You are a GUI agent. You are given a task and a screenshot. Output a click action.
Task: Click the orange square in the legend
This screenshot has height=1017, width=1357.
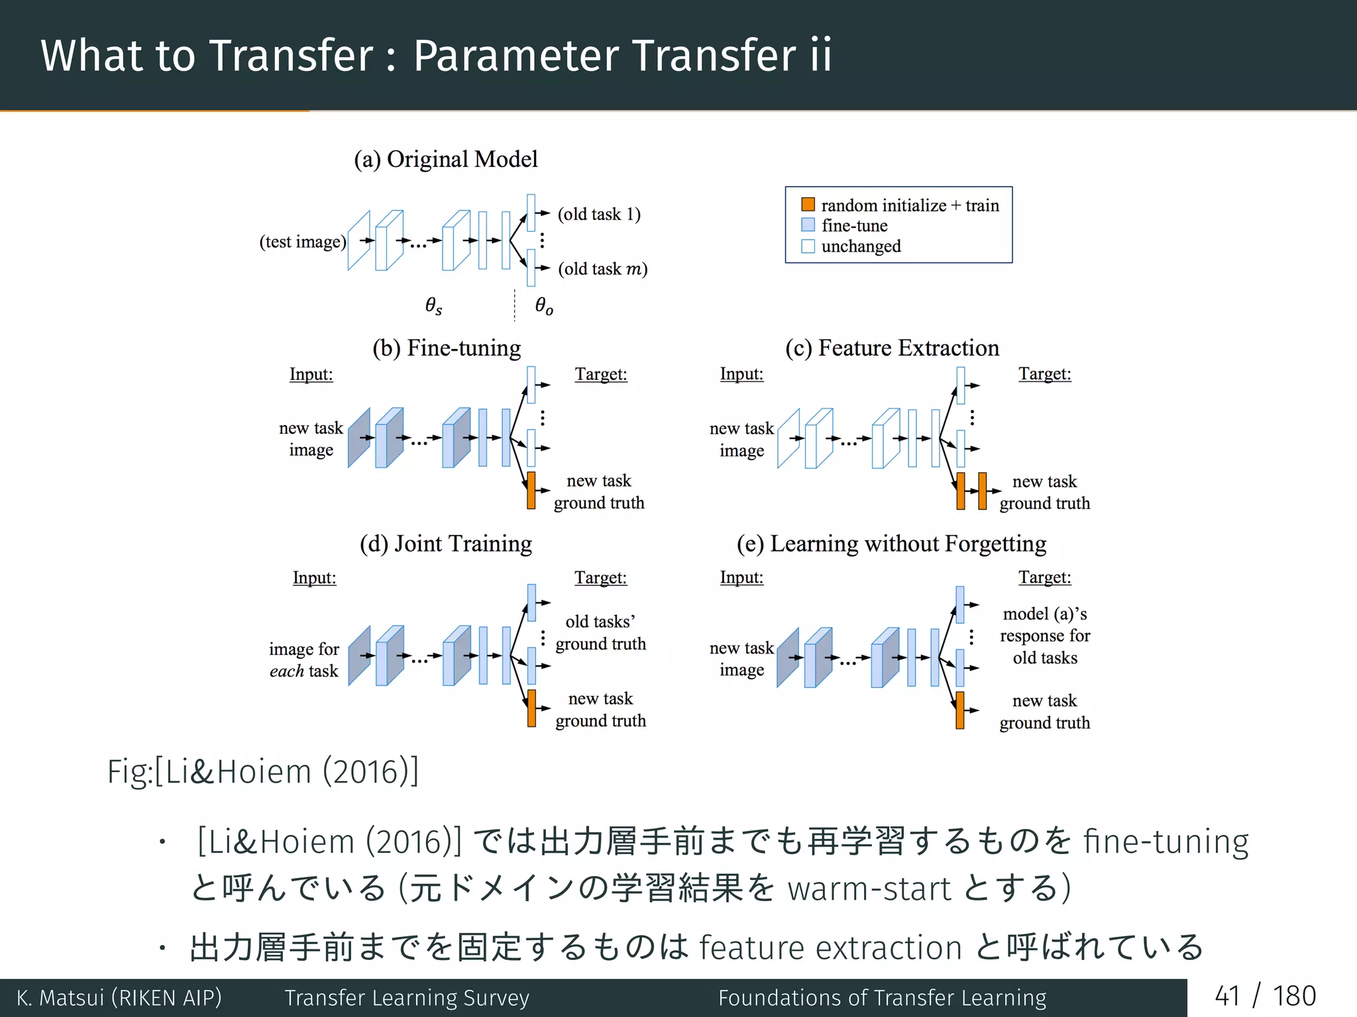[x=808, y=205]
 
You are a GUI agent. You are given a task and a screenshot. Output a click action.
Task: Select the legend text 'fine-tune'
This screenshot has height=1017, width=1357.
[x=854, y=226]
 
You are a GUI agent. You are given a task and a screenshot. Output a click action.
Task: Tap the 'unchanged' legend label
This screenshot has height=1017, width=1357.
[x=861, y=246]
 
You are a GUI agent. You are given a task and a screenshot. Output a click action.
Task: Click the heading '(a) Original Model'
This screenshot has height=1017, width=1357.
[x=445, y=160]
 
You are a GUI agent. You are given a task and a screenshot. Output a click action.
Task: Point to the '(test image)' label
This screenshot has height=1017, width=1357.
[x=303, y=242]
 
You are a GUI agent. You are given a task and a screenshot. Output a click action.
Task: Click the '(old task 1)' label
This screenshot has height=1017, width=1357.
[x=599, y=214]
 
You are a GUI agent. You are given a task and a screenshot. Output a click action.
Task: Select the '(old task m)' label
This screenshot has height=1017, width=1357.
[x=602, y=269]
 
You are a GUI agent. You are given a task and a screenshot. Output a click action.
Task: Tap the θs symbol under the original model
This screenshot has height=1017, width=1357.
[x=433, y=305]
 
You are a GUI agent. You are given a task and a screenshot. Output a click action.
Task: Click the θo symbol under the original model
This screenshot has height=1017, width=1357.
[x=544, y=305]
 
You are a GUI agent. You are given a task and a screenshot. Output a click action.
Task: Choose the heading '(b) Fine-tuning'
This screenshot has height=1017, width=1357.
[x=446, y=348]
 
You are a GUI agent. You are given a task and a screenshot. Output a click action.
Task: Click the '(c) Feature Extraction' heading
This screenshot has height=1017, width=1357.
[x=892, y=348]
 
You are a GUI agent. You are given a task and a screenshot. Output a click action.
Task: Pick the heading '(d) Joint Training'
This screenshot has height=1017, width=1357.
[x=445, y=544]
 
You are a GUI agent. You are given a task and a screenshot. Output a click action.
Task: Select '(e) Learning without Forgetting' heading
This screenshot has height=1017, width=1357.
[x=891, y=544]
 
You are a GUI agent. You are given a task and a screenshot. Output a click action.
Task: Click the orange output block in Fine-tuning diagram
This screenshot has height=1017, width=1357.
[x=531, y=491]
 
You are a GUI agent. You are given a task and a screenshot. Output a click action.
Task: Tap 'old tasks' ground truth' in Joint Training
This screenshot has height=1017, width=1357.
[x=600, y=632]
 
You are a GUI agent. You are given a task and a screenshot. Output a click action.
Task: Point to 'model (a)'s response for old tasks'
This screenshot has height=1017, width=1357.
[x=1044, y=636]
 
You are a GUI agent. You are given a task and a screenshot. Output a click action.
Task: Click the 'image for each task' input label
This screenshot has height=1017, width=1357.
[x=304, y=659]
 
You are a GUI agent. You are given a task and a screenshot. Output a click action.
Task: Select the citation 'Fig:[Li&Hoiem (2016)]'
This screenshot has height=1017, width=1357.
[x=263, y=772]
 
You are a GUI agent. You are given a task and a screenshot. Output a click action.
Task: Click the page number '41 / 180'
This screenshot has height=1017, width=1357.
[x=1265, y=996]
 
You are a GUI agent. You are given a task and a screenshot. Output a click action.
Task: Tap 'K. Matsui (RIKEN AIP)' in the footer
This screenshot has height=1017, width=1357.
[x=119, y=998]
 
